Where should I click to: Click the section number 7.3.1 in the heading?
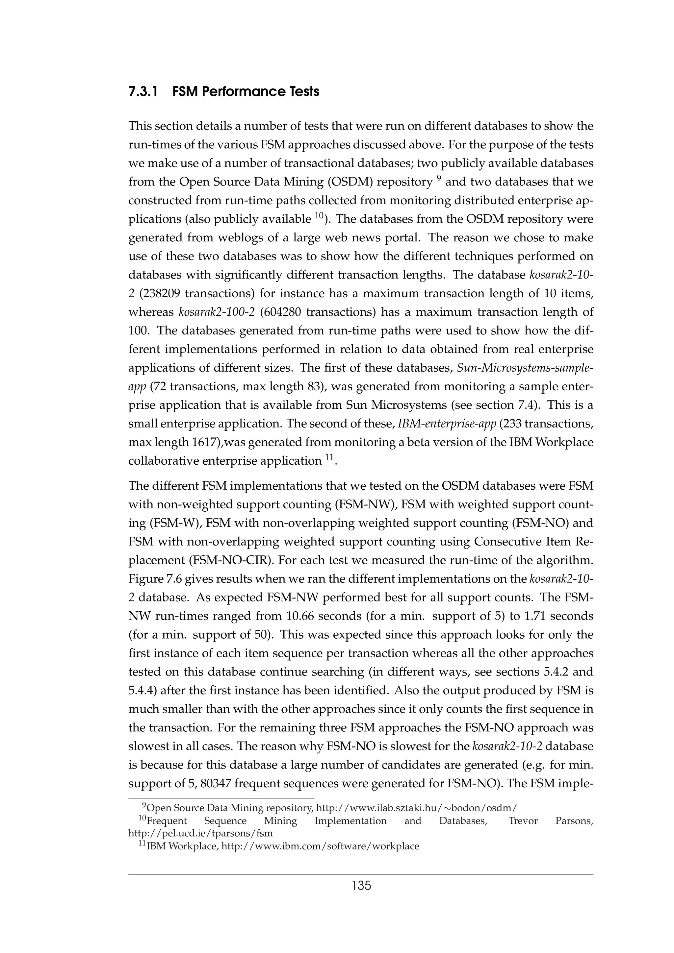[143, 92]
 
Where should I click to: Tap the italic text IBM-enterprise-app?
[447, 424]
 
